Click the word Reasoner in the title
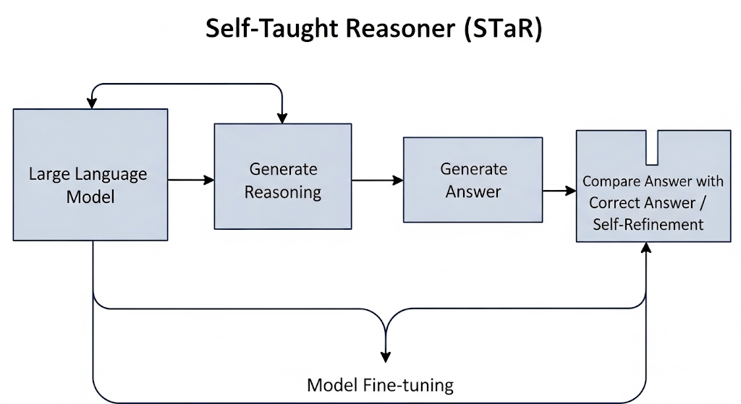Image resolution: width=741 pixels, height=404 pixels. point(399,28)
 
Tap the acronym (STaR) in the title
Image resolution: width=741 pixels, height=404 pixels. point(503,29)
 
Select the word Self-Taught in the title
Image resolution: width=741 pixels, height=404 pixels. point(273,29)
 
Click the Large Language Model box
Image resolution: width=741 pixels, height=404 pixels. point(90,175)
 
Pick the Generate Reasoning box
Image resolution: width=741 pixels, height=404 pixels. point(283,176)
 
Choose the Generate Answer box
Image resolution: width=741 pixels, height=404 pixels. point(473,180)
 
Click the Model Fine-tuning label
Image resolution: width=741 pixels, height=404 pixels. point(381,385)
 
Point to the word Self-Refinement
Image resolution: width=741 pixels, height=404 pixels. point(648,224)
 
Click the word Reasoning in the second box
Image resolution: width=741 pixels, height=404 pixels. point(283,193)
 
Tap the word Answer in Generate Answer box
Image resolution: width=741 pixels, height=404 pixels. point(473,192)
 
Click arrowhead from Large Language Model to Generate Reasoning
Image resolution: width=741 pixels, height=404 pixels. point(209,180)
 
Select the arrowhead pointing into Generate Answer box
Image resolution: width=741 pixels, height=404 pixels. point(398,180)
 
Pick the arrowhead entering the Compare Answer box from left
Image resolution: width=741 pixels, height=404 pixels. point(571,191)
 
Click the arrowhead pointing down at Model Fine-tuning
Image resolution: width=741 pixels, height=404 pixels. point(386,357)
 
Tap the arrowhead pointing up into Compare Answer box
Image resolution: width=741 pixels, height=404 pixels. point(646,248)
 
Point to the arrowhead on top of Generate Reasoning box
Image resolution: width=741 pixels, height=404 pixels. point(282,118)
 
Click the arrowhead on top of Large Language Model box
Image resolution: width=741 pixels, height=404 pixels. point(92,103)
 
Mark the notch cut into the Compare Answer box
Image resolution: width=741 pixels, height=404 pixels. point(652,147)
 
